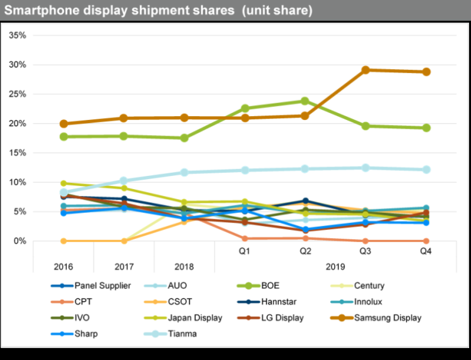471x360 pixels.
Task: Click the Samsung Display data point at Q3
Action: [x=365, y=70]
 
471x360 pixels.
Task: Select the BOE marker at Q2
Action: [x=305, y=101]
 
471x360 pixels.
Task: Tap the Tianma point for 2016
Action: [x=63, y=192]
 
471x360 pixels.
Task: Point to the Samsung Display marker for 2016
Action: [x=63, y=124]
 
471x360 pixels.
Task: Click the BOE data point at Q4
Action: [x=425, y=128]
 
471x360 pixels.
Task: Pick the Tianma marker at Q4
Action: [x=425, y=170]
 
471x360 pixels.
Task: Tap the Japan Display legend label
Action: [x=195, y=318]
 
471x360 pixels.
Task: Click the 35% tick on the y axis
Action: [x=17, y=35]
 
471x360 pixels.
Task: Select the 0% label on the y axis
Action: [x=19, y=241]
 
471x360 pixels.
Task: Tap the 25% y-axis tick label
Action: [x=17, y=94]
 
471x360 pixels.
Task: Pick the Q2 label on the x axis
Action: [x=305, y=251]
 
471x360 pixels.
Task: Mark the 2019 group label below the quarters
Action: [x=335, y=266]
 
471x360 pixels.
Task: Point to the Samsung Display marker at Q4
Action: [x=425, y=72]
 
